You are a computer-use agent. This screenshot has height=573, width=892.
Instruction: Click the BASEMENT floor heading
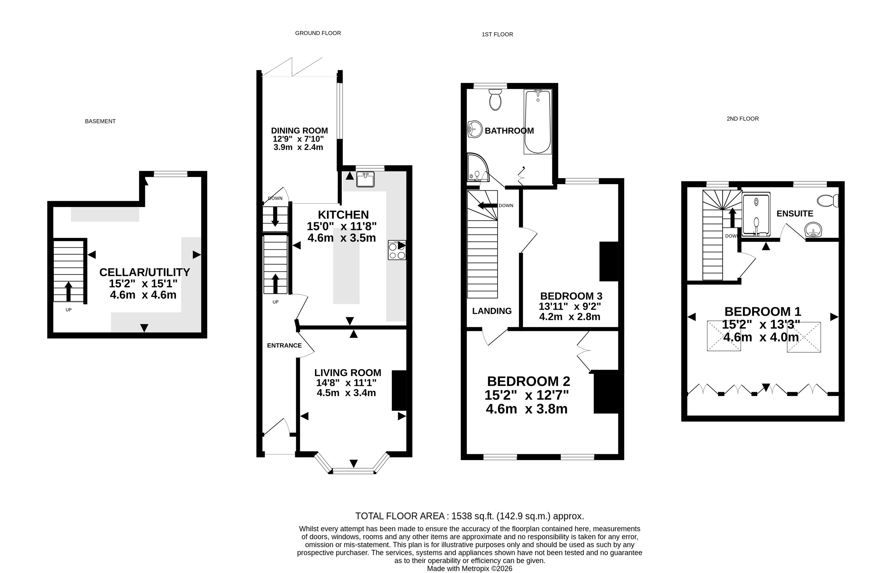(x=100, y=121)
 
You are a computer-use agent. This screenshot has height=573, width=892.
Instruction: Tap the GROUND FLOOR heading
(x=318, y=33)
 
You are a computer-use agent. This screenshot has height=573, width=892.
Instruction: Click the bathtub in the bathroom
(x=538, y=122)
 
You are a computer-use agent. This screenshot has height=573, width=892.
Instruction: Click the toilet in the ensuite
(x=828, y=201)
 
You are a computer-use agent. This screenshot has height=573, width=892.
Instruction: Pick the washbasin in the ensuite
(x=813, y=230)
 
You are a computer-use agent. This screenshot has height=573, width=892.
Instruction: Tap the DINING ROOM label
(x=299, y=130)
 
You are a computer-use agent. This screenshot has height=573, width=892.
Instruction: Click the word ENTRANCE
(x=284, y=346)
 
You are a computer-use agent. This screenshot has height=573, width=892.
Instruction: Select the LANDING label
(x=492, y=311)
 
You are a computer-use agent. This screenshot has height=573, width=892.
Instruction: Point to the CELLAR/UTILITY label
(x=144, y=272)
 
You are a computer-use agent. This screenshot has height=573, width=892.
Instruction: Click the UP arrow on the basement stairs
(x=68, y=291)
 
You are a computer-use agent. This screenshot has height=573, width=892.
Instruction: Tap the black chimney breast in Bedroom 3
(x=609, y=262)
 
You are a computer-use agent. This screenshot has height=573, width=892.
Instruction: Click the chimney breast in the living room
(x=399, y=390)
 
